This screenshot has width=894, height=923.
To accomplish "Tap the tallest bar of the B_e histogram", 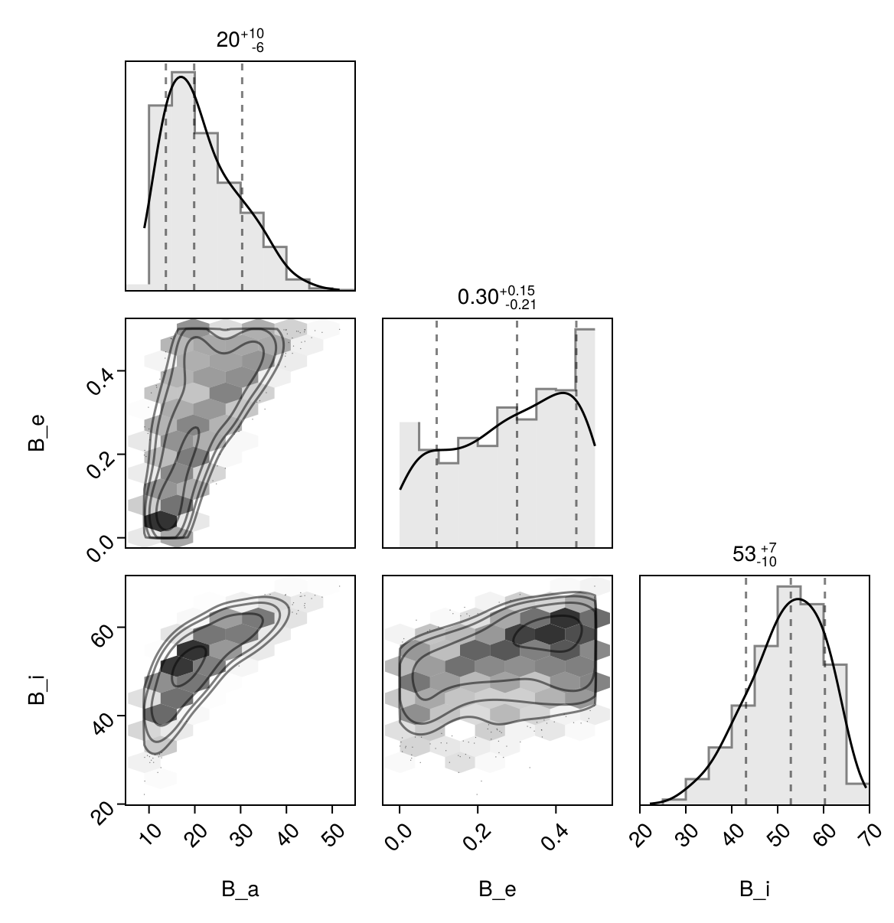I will click(586, 436).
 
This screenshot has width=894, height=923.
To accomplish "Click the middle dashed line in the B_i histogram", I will click(791, 689).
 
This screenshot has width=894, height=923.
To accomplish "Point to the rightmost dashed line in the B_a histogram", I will click(242, 176).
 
